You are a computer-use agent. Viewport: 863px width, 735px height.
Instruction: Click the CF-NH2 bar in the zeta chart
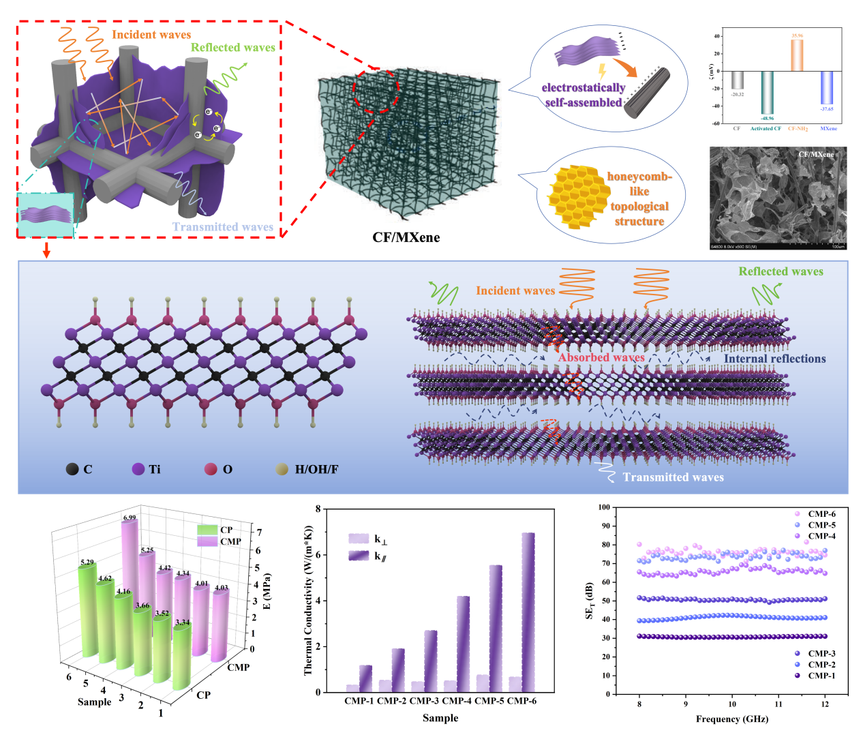click(797, 55)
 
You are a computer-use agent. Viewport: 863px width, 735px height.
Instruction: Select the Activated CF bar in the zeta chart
click(768, 93)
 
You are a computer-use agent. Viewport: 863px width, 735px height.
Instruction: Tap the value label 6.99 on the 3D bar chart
click(130, 517)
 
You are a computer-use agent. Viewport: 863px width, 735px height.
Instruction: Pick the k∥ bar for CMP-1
click(365, 678)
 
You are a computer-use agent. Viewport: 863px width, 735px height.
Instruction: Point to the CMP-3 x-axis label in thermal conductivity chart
click(424, 701)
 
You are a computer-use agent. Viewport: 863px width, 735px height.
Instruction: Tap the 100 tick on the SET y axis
click(603, 507)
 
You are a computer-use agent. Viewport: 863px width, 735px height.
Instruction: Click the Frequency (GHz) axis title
click(731, 719)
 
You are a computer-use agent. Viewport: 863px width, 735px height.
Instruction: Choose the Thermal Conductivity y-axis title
click(308, 600)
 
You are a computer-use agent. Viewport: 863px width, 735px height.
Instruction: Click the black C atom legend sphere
click(72, 469)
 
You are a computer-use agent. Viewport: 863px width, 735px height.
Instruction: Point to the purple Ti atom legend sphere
click(138, 469)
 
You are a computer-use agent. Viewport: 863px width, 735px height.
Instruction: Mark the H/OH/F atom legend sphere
click(282, 469)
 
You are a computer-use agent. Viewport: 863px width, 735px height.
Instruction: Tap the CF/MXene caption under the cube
click(406, 237)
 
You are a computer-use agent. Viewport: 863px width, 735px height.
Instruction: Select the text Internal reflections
click(774, 359)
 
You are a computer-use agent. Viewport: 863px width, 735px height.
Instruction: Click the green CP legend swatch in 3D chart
click(207, 530)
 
